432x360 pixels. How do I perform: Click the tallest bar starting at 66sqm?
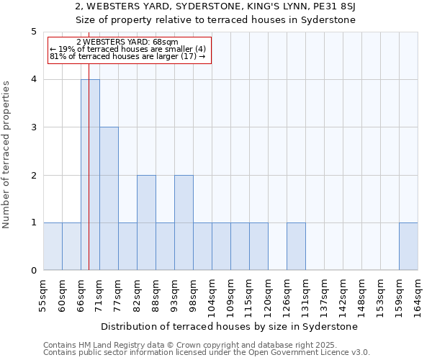(x=90, y=175)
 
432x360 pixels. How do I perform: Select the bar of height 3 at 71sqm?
(x=109, y=199)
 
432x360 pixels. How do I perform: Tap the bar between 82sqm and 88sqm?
(x=146, y=222)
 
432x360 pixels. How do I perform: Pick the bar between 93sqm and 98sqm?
(x=184, y=222)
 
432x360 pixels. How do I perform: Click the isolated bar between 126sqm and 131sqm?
(x=296, y=246)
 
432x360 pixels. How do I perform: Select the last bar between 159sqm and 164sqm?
(x=408, y=246)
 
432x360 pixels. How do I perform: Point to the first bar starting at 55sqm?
(x=53, y=246)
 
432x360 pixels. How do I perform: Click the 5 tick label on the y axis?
(x=33, y=32)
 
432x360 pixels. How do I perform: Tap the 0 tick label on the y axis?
(x=33, y=271)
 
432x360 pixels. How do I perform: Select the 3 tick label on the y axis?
(x=33, y=127)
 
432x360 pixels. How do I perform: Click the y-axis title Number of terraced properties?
(x=7, y=155)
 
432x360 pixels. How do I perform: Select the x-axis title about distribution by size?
(x=230, y=326)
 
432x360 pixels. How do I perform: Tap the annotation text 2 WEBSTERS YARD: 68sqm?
(x=126, y=42)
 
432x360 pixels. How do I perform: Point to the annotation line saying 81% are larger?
(x=127, y=56)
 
